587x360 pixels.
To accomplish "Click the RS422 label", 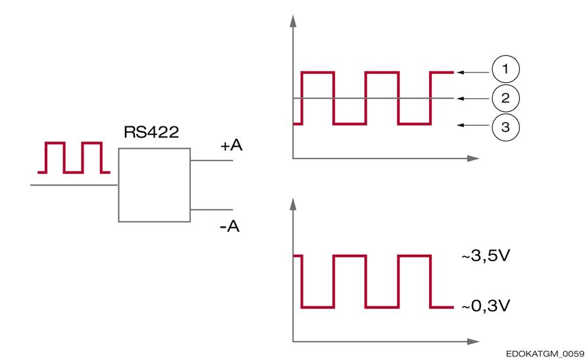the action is [151, 132].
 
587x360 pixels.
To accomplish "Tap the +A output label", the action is [232, 145].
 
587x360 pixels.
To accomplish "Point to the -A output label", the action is [230, 226].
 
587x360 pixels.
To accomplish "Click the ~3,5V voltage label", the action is [486, 256].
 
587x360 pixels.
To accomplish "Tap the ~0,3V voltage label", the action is [486, 306].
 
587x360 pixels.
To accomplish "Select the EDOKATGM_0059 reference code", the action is [545, 353].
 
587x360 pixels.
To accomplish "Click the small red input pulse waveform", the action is [74, 157].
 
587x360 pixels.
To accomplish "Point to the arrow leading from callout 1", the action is [473, 72].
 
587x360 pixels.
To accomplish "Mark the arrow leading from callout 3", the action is [473, 125].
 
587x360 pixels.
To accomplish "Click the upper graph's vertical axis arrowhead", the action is [293, 21].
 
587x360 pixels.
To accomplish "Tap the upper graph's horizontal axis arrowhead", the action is [473, 159].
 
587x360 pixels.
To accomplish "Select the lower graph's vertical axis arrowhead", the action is [293, 204].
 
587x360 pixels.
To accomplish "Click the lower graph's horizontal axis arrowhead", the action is [473, 342].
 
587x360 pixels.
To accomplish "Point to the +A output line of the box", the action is [211, 161].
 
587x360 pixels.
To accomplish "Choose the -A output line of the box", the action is [211, 209].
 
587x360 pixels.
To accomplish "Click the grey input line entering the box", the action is [74, 185].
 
